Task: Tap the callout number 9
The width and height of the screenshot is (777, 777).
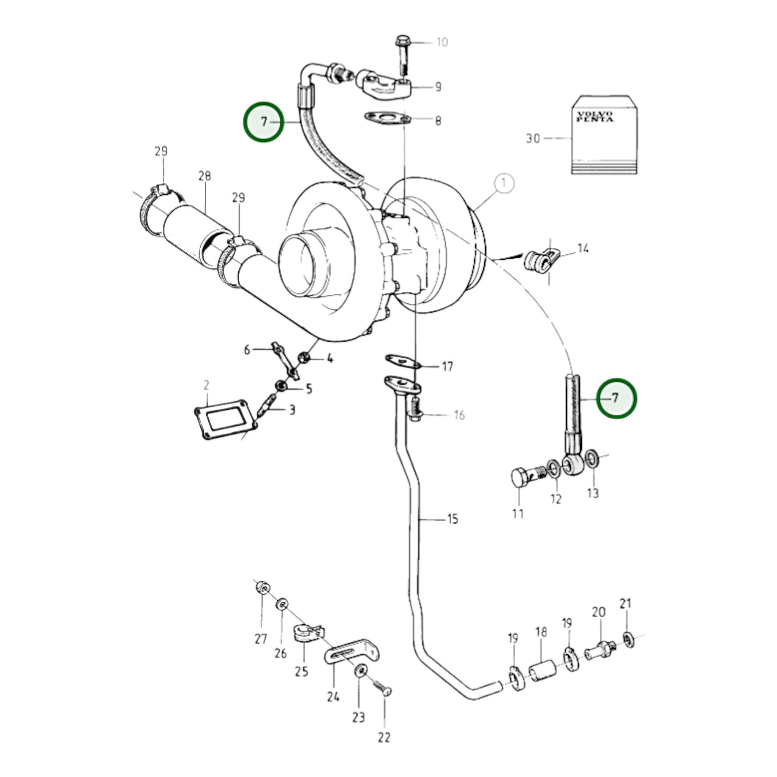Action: [x=438, y=87]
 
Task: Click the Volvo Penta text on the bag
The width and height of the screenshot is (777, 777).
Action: [x=594, y=117]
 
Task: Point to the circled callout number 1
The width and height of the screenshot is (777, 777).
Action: [x=503, y=183]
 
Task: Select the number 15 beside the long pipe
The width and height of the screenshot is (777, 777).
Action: [x=453, y=519]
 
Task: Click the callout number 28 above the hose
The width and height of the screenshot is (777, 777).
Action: [x=204, y=176]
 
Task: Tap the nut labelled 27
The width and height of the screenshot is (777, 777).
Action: [x=262, y=588]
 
